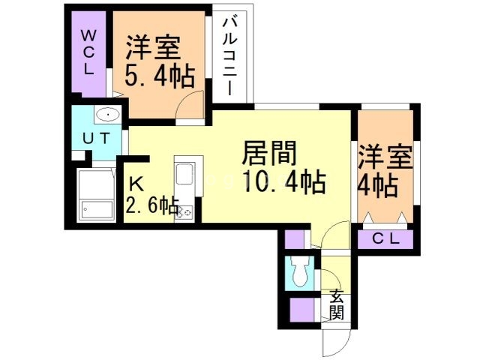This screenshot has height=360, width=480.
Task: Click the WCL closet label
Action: click(x=89, y=52)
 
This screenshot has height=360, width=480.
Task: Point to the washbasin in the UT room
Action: click(x=106, y=115)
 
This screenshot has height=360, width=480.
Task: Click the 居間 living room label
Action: click(x=268, y=154)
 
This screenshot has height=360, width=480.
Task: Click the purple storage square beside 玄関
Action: click(x=304, y=309)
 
